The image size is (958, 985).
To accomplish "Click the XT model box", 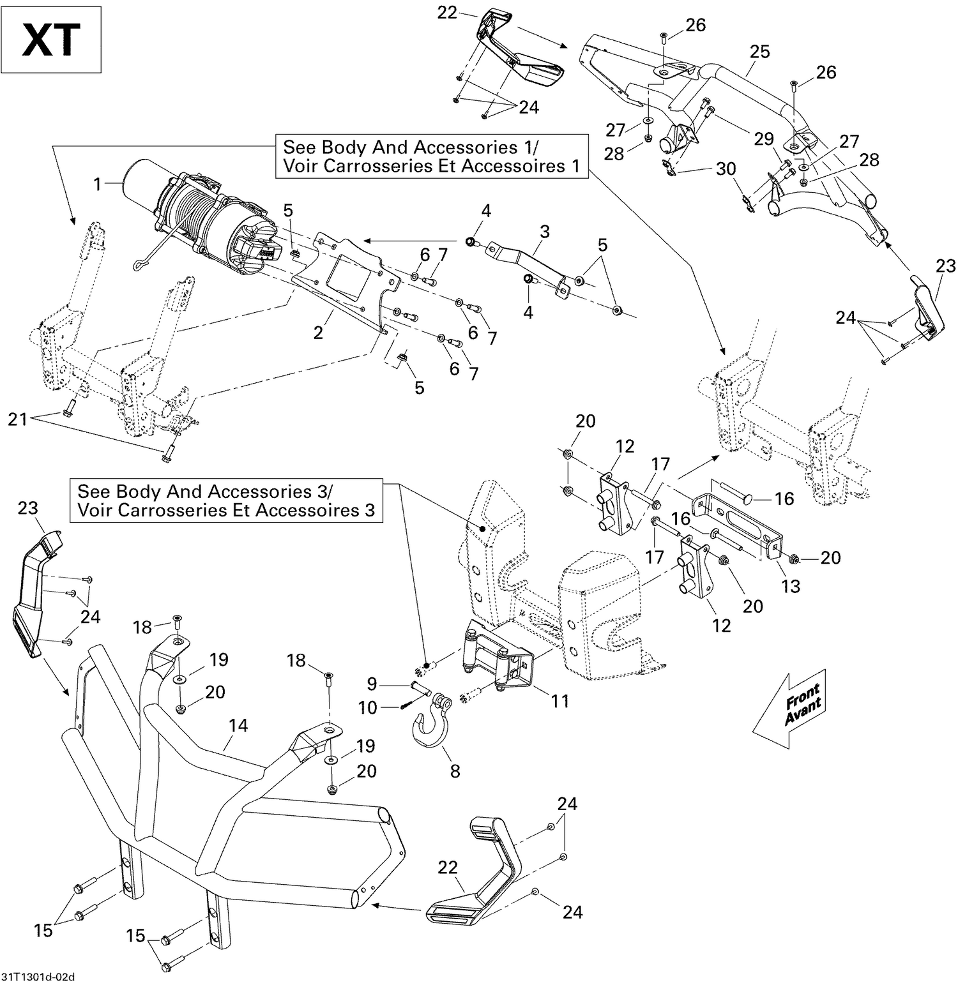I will coord(52,40).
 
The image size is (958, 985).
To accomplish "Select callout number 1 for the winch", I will coord(97,184).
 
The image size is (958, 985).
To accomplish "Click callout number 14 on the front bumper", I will coord(238,726).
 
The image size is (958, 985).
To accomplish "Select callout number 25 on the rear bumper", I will coord(759,52).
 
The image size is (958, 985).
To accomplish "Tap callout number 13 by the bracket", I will coord(791,586).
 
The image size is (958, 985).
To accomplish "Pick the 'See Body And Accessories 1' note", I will coord(431,156).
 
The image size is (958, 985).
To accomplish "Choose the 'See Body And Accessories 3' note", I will coord(226,500).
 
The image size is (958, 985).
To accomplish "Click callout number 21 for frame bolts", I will coord(17,419).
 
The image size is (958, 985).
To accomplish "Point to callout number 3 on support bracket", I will coord(544,231).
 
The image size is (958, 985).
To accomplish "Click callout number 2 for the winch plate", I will coord(318,332).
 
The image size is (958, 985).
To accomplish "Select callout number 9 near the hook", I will coord(372,684).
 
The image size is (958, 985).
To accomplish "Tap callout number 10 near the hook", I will coord(368,707).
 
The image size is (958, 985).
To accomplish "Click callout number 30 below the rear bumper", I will coord(726,169).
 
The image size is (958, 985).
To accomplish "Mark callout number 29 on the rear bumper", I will coord(764,139).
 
